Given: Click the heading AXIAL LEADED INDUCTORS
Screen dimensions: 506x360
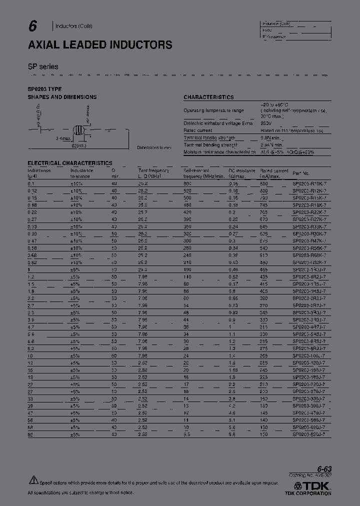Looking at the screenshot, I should (x=100, y=45).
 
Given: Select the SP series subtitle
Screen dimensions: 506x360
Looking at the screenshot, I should (x=43, y=66).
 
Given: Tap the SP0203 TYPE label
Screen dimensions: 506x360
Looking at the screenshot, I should (x=44, y=89).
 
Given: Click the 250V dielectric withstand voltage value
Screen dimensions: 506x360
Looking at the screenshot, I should (x=266, y=123).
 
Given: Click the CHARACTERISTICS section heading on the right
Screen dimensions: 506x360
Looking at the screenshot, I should (x=208, y=97).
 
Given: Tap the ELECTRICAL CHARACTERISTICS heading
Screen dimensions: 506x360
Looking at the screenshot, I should (x=69, y=163).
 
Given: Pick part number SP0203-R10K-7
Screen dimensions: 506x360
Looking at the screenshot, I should (x=309, y=184).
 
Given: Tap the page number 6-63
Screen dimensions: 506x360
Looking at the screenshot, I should (x=323, y=469).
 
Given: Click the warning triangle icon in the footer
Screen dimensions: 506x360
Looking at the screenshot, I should (x=33, y=480).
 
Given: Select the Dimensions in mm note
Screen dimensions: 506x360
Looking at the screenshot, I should (x=154, y=147).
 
